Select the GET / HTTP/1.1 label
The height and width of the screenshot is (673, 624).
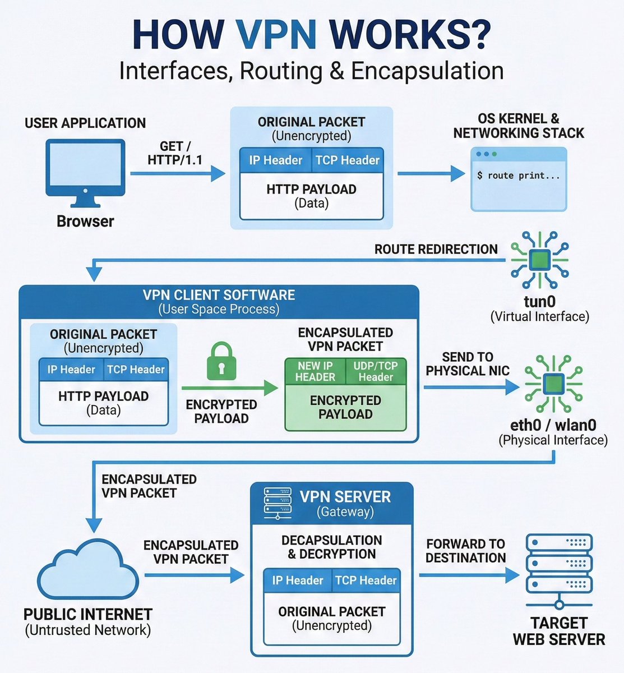pos(175,153)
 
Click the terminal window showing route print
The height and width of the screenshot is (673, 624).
pos(519,179)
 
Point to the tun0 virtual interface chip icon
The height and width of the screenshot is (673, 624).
pos(539,259)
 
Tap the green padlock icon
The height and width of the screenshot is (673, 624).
pos(221,362)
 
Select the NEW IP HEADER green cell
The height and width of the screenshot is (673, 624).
pos(315,371)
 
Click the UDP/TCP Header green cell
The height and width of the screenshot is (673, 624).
pos(376,371)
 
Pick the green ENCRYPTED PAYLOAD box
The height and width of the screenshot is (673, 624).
pos(345,407)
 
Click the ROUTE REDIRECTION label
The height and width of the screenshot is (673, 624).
pos(436,249)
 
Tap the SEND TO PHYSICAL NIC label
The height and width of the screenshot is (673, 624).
pos(467,364)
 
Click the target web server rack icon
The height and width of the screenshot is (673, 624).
pos(559,566)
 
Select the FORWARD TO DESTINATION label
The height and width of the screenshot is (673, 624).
pos(465,551)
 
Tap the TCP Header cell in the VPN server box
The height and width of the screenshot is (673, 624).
pos(366,580)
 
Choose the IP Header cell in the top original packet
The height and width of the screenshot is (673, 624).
pos(275,160)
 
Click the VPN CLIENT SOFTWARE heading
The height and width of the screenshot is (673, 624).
pos(219,296)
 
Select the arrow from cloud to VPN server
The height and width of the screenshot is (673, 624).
pos(193,575)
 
